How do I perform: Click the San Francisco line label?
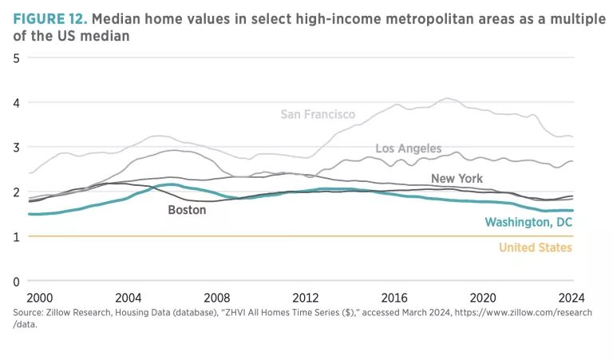[x=318, y=115]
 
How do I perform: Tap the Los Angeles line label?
[x=408, y=148]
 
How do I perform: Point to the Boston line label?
[x=187, y=210]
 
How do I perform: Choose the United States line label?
[x=536, y=247]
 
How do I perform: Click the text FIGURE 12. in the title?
[x=49, y=18]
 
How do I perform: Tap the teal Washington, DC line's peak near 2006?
[x=170, y=184]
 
